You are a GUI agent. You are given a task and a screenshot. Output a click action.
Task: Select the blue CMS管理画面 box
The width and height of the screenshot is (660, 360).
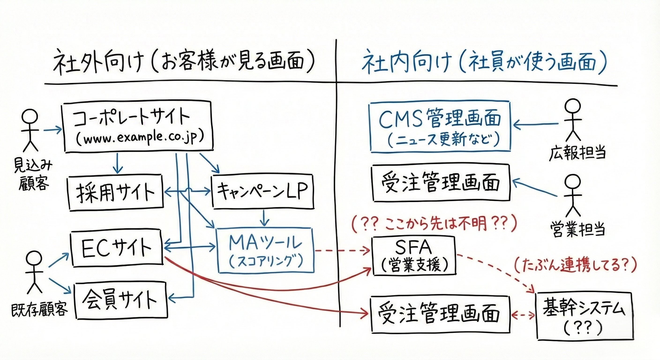[440, 127]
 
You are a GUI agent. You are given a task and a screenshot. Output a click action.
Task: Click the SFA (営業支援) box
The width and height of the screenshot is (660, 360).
[413, 256]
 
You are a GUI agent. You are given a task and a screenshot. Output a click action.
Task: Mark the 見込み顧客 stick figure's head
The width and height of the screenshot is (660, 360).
[30, 116]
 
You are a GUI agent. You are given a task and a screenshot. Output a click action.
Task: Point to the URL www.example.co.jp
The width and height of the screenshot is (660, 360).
[140, 138]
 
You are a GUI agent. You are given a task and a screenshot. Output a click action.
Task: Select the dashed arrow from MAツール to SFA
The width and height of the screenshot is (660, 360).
[342, 250]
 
